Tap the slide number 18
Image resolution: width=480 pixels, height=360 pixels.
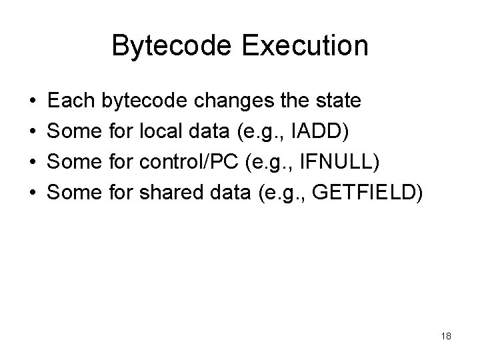click(446, 336)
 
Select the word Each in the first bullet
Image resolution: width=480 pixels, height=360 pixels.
click(73, 101)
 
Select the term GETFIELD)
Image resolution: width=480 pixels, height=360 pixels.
click(367, 193)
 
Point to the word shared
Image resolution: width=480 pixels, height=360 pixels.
click(171, 193)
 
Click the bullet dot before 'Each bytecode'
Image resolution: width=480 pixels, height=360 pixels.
click(33, 102)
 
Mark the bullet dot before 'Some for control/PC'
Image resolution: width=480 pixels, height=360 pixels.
click(33, 163)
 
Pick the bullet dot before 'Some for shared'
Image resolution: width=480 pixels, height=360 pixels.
click(33, 194)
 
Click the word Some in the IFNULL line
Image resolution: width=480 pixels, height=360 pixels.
click(75, 162)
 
